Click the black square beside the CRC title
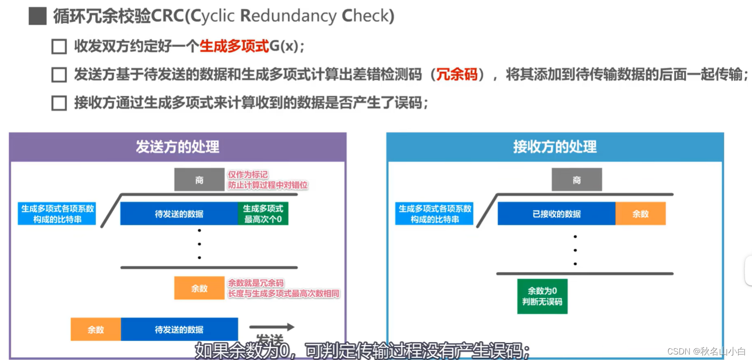37,16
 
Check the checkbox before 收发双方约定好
59,46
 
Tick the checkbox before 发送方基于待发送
59,75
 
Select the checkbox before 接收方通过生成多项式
59,103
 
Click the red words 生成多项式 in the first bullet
234,46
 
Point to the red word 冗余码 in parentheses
457,74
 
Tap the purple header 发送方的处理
178,147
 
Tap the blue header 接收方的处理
555,147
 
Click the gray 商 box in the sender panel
199,180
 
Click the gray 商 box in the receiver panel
577,180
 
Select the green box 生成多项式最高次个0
263,214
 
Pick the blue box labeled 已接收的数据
556,214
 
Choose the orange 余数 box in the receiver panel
640,214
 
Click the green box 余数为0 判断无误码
542,296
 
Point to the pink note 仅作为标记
248,174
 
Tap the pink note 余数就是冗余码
256,283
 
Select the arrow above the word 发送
272,327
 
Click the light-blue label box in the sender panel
57,214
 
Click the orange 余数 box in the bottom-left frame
96,330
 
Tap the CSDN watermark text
706,352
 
